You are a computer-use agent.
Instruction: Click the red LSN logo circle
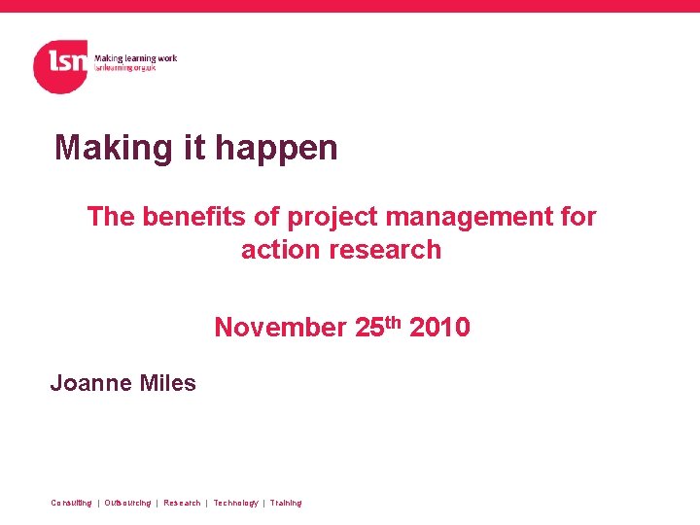(x=60, y=66)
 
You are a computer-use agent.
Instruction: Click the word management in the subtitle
(x=458, y=218)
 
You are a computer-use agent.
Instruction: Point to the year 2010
(x=439, y=328)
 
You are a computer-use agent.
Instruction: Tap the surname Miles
(x=168, y=383)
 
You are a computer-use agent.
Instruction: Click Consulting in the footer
(x=71, y=503)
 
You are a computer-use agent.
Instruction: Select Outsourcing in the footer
(x=127, y=503)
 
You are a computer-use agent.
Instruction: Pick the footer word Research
(x=182, y=503)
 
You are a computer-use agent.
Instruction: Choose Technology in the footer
(x=235, y=503)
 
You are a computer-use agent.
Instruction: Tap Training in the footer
(x=286, y=503)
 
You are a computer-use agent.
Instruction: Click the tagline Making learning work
(x=135, y=58)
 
